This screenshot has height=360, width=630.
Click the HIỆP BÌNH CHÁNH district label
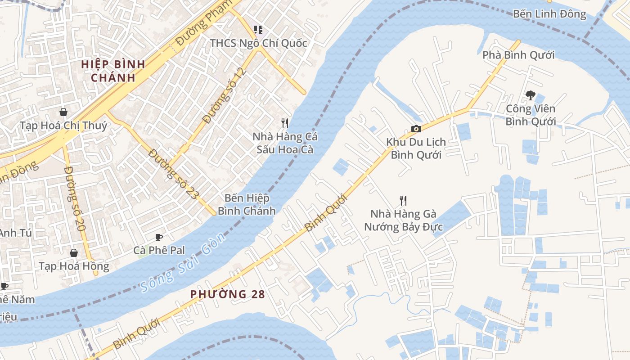coord(113,71)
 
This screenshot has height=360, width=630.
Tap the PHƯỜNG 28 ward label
coord(227,294)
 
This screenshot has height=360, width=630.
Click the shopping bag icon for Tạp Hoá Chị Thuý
coord(63,112)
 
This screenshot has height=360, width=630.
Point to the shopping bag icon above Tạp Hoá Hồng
coord(73,253)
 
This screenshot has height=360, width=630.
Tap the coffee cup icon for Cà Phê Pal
coord(158,237)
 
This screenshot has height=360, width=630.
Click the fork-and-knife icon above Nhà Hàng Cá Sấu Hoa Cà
coord(284,123)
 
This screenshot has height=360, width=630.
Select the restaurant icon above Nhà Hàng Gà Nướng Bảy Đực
coord(403,201)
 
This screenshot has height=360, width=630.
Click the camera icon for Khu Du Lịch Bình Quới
coord(416,129)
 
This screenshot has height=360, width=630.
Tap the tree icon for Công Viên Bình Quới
coord(530,95)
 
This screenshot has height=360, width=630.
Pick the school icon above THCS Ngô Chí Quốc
coord(258,30)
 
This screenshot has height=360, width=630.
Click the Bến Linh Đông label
coord(549,14)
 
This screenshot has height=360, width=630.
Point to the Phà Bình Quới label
coord(518,55)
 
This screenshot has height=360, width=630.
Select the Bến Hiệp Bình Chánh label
coord(247,204)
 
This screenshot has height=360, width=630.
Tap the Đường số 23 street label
coord(173,175)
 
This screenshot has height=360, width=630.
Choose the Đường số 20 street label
coord(75,198)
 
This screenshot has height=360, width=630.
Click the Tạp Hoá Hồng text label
coord(74,266)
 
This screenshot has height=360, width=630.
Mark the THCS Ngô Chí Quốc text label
coord(258,43)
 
